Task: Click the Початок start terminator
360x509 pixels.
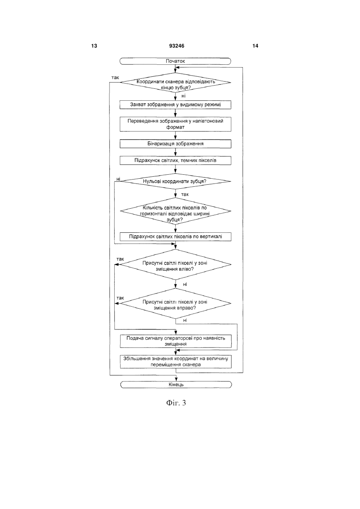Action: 175,61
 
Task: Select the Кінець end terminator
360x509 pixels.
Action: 176,385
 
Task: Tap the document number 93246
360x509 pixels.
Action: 177,46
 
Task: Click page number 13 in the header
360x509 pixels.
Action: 94,46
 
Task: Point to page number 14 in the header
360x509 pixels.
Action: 255,46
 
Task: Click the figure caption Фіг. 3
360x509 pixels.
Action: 176,403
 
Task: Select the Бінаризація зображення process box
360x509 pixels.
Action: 175,144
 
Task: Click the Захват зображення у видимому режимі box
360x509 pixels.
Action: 175,105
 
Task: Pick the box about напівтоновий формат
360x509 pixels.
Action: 175,124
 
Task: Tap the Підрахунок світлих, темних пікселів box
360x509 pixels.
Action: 175,160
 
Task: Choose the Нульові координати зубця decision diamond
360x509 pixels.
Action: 175,182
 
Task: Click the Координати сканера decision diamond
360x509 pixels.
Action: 175,82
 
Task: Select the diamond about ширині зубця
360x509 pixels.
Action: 175,211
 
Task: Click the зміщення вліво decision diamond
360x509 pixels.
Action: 175,265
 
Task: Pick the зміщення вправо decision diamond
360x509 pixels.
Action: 175,303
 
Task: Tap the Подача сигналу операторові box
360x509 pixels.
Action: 175,341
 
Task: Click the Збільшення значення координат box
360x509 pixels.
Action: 175,361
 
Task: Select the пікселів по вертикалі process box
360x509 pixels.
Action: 175,237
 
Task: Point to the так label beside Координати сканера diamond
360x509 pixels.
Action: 115,78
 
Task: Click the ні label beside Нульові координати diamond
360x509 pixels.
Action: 118,179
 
